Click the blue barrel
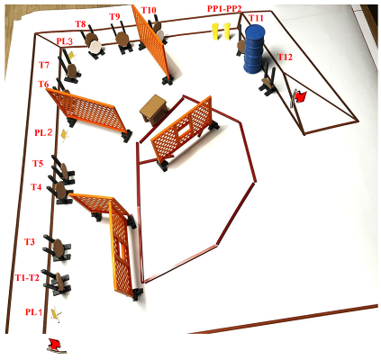(x=254, y=49)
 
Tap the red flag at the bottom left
(x=56, y=346)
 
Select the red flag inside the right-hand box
(x=298, y=97)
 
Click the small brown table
(x=155, y=110)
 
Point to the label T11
(x=257, y=19)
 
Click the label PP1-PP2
(x=224, y=8)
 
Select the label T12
(x=285, y=57)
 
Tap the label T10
(x=149, y=10)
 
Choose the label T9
(x=114, y=16)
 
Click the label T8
(x=80, y=24)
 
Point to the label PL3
(x=65, y=41)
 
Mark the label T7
(x=44, y=65)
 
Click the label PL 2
(x=43, y=132)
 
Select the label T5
(x=38, y=163)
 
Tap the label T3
(x=30, y=241)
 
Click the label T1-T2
(x=27, y=277)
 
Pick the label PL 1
(x=33, y=312)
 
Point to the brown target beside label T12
(x=268, y=83)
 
